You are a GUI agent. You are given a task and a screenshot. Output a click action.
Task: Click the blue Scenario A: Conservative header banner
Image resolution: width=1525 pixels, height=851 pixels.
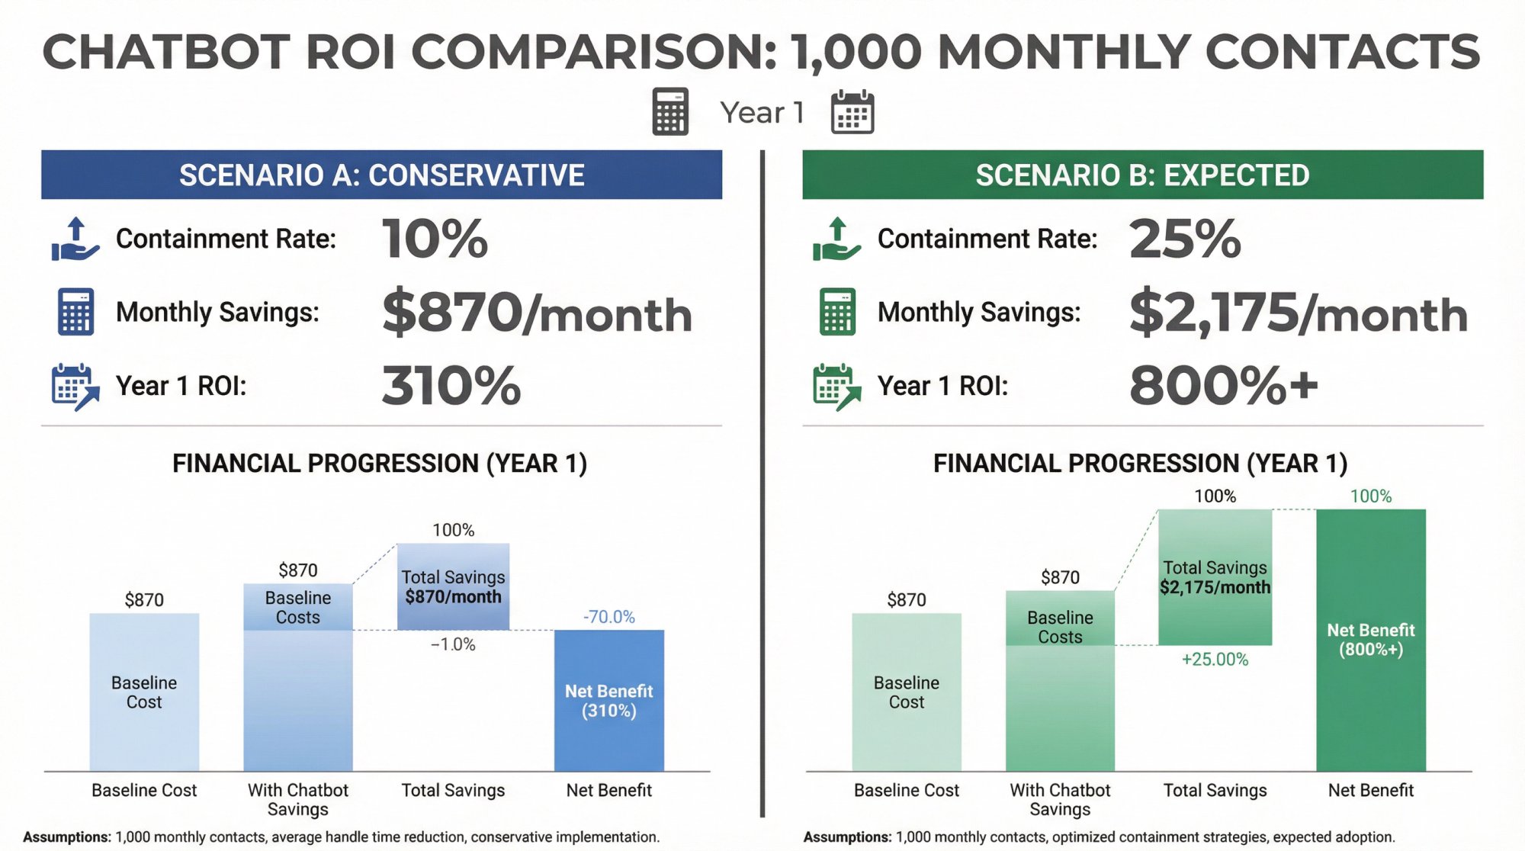[x=381, y=175]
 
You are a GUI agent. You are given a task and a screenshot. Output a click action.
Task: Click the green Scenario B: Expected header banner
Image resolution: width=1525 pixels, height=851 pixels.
[x=1142, y=175]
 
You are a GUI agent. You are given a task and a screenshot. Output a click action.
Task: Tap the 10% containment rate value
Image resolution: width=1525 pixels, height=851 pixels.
[x=435, y=239]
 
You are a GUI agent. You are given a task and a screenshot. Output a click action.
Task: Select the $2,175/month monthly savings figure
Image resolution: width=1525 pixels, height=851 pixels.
[x=1298, y=313]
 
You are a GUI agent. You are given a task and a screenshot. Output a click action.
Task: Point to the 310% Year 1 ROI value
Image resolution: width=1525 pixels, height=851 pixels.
[x=451, y=385]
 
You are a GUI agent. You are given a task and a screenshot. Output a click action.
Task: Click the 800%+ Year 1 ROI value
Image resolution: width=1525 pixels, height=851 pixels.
[x=1223, y=385]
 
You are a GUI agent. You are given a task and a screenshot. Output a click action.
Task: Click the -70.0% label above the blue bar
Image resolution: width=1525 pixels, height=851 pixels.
[x=608, y=616]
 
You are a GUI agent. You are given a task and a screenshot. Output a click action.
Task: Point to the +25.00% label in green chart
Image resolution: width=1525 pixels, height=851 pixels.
[x=1215, y=659]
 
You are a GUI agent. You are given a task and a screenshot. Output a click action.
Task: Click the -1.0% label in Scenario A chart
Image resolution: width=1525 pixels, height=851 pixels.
[x=453, y=644]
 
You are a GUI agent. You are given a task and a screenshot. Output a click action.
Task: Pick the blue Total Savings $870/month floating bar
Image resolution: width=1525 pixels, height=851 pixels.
[x=453, y=586]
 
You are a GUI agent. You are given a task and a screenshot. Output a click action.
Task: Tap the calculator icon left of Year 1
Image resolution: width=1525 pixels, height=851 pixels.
[x=670, y=112]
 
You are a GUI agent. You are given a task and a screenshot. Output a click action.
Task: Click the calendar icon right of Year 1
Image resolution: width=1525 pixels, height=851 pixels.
[x=852, y=112]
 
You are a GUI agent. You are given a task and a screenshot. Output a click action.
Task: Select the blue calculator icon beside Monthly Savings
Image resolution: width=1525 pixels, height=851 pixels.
[x=75, y=312]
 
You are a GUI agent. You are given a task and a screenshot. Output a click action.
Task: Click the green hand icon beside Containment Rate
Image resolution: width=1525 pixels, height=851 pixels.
[x=836, y=239]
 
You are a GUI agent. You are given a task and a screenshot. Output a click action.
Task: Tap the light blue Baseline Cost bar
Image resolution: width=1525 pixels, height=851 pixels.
[x=144, y=692]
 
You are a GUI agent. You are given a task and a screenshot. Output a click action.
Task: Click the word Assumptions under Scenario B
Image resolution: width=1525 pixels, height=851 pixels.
[x=846, y=837]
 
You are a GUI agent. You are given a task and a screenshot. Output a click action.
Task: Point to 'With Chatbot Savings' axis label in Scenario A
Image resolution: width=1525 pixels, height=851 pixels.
[x=297, y=799]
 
